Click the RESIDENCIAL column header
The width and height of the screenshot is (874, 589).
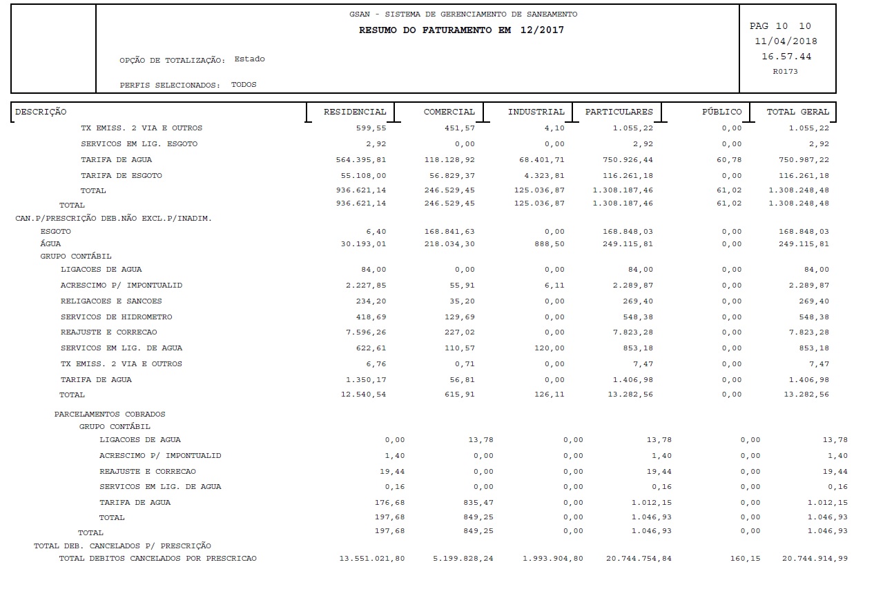click(x=355, y=112)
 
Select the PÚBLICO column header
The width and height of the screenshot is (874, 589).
click(x=721, y=112)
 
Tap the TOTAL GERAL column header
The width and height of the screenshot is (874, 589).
click(x=797, y=112)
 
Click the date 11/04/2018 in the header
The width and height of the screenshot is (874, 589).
click(x=786, y=41)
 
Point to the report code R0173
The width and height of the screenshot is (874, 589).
click(x=786, y=71)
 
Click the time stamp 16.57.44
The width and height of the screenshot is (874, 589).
click(x=786, y=56)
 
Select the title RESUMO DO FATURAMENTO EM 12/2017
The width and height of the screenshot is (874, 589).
click(x=461, y=30)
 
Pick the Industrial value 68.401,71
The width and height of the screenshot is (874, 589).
click(x=539, y=160)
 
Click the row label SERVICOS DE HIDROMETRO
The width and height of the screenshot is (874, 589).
click(x=116, y=317)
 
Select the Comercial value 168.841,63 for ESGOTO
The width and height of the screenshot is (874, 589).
click(x=449, y=232)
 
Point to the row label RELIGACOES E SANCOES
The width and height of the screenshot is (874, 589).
click(x=111, y=301)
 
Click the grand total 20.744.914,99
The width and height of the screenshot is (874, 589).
click(x=815, y=559)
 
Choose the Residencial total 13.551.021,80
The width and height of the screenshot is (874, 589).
click(x=372, y=559)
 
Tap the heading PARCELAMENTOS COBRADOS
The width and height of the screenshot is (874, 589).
click(x=110, y=415)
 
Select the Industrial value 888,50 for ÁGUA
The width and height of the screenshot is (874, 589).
click(x=550, y=244)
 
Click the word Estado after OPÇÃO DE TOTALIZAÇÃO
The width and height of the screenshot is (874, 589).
click(x=249, y=59)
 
